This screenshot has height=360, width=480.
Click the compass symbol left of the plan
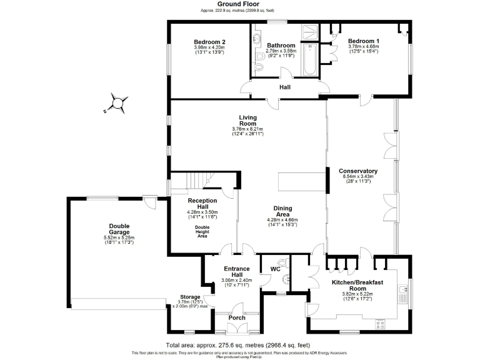pyautogui.click(x=117, y=102)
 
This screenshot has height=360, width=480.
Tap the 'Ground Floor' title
pyautogui.click(x=229, y=4)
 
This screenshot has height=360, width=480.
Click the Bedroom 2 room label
pyautogui.click(x=209, y=42)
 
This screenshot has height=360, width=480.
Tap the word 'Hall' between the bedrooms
pyautogui.click(x=284, y=87)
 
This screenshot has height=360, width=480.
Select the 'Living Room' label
pyautogui.click(x=247, y=120)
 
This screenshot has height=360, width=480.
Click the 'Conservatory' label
pyautogui.click(x=358, y=171)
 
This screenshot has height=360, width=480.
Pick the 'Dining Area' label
pyautogui.click(x=282, y=211)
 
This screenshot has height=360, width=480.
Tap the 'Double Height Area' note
pyautogui.click(x=202, y=232)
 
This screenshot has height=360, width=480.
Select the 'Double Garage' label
pyautogui.click(x=119, y=229)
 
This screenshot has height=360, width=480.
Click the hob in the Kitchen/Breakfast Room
pyautogui.click(x=379, y=323)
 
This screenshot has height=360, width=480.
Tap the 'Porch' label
pyautogui.click(x=237, y=317)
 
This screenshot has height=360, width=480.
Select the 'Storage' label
pyautogui.click(x=189, y=297)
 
